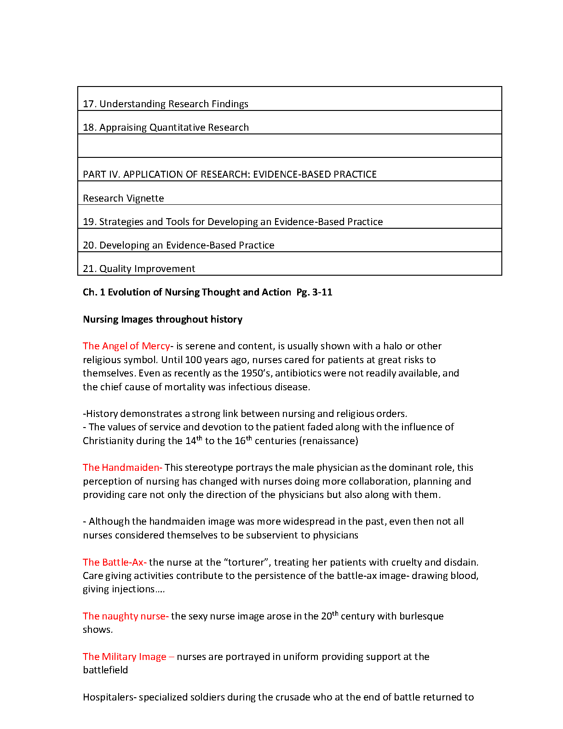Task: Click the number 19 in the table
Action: point(89,222)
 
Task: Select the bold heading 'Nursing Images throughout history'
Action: point(162,319)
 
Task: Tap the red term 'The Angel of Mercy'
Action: point(126,346)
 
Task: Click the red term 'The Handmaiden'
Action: point(121,468)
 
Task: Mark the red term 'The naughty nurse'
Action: point(125,616)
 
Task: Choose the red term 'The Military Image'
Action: point(124,657)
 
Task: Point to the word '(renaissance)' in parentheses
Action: point(328,441)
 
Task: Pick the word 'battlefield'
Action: point(105,670)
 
